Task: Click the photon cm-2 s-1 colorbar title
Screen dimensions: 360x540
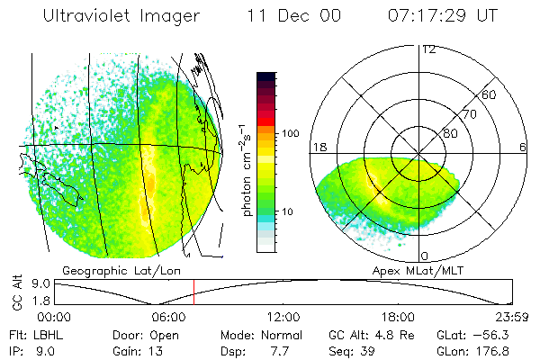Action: [x=246, y=170]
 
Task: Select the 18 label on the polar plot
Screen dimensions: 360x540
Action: [x=318, y=147]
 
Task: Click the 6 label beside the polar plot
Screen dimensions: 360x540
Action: [x=523, y=147]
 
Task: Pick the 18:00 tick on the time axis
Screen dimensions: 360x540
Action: [x=399, y=317]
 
